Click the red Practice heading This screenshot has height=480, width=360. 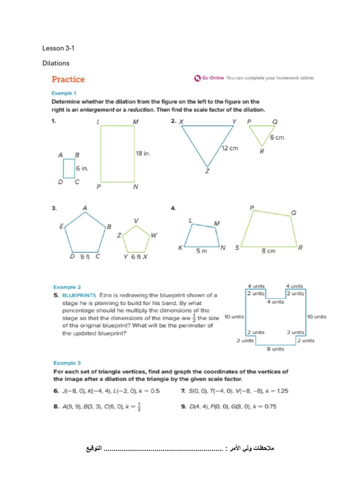coord(68,79)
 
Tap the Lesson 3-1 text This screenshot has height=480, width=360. coord(55,48)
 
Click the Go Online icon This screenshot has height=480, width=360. coord(197,78)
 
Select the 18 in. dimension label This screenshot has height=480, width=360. coord(143,153)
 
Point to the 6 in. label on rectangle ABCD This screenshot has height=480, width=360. coord(82,168)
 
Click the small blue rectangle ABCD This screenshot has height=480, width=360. coord(69,168)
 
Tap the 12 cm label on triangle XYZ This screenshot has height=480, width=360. coord(230,148)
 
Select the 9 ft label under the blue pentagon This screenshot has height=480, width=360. coord(84,257)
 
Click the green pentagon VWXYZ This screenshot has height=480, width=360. coord(136,239)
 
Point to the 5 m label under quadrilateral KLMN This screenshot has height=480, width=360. coord(201,251)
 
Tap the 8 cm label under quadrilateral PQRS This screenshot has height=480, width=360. coord(268,251)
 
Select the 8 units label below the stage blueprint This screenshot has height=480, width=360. coord(275,349)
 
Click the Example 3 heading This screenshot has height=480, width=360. coord(67,363)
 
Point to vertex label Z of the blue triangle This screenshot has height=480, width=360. coord(207,172)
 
